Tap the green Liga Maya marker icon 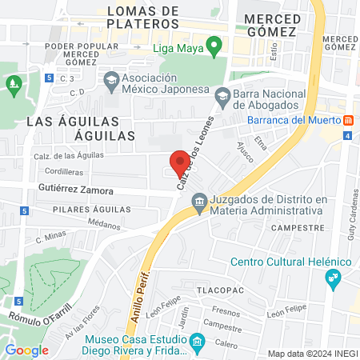tap(214, 48)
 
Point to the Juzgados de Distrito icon tap(198, 206)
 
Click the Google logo tap(26, 350)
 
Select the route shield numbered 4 tap(348, 135)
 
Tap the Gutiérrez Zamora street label tap(76, 191)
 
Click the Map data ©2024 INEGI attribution tap(312, 354)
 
